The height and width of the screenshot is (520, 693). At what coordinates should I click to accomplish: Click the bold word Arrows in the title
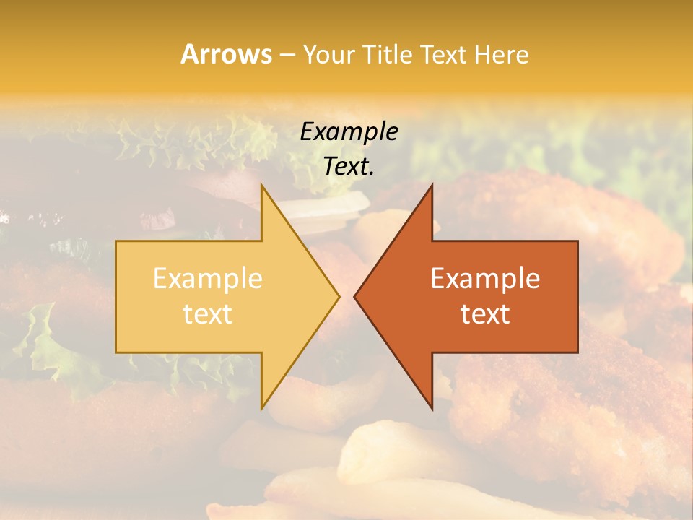(x=226, y=54)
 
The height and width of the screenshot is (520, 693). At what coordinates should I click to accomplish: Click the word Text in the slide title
(x=443, y=55)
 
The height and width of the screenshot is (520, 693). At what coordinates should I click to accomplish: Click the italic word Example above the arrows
(x=349, y=131)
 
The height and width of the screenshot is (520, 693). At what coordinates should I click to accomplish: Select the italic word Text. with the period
(x=349, y=166)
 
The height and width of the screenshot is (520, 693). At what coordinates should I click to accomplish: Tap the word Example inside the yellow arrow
(x=207, y=279)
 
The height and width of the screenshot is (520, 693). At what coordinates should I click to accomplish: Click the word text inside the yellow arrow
(x=207, y=314)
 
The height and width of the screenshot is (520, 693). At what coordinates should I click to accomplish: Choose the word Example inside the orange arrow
(x=485, y=279)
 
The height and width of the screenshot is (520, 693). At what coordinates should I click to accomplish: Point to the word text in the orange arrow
(x=485, y=314)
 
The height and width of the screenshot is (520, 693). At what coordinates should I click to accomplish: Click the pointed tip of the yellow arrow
(x=339, y=296)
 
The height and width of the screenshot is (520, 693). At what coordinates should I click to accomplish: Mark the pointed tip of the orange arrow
(x=354, y=296)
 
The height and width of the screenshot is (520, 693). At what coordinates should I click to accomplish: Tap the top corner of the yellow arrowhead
(x=261, y=185)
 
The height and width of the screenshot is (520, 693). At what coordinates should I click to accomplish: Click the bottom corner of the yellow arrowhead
(x=261, y=409)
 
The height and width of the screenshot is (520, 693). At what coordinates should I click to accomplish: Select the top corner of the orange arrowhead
(x=432, y=185)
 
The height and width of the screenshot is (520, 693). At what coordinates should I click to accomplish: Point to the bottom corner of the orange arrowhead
(x=432, y=409)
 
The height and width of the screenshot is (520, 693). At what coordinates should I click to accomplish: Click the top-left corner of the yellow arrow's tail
(x=116, y=241)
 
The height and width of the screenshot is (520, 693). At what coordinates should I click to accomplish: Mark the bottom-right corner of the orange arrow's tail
(x=577, y=352)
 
